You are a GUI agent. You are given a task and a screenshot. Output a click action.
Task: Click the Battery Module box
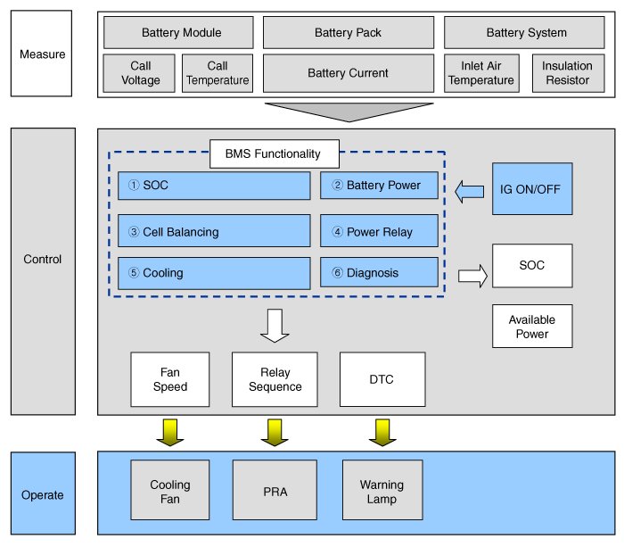point(181,33)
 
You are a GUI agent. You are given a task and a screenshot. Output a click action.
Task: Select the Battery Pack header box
point(348,33)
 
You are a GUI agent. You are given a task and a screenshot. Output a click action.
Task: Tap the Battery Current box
point(348,73)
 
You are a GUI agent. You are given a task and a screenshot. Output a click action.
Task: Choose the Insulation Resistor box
point(566,73)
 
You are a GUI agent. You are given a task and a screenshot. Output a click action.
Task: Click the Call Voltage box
point(140,73)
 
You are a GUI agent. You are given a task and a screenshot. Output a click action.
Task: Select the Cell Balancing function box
point(214,232)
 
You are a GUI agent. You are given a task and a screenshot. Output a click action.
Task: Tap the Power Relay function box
point(379,232)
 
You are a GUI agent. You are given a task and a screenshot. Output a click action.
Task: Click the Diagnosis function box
point(379,273)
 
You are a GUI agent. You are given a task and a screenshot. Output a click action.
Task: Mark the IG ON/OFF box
point(531,189)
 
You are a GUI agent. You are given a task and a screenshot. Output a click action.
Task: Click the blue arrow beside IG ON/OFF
point(469,190)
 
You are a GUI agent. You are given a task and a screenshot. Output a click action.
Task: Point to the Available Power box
point(531,327)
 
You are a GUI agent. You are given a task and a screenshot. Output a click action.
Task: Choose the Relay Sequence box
point(275,379)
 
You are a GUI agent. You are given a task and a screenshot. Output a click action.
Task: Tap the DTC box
point(382,379)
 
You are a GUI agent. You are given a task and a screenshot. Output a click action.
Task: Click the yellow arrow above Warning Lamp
point(382,432)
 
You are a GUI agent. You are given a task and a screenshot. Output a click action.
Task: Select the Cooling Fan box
point(169,492)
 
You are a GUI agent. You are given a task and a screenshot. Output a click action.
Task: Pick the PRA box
point(275,492)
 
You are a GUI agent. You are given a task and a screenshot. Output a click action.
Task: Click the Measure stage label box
point(41,54)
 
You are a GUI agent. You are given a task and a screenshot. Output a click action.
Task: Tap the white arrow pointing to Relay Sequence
point(275,325)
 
